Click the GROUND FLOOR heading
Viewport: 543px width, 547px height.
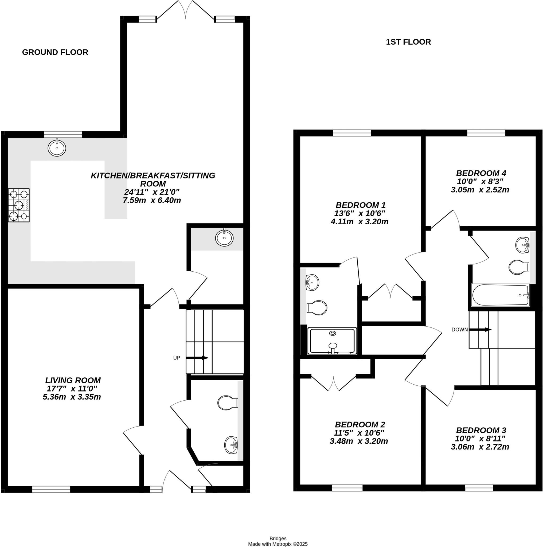[x=55, y=52]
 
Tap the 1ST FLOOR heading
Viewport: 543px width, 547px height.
[x=408, y=42]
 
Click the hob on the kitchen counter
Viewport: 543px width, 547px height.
[x=19, y=205]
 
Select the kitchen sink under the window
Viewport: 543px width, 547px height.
[x=57, y=148]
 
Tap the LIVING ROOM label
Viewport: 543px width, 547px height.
[x=73, y=380]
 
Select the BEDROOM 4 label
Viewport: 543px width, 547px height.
[x=481, y=173]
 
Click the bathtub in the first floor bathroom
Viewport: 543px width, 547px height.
[x=500, y=295]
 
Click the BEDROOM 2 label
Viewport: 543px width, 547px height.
[x=360, y=424]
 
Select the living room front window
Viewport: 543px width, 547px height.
[x=51, y=489]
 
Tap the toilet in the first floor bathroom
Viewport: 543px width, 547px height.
[x=519, y=267]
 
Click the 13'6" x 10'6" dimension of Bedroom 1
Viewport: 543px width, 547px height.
[x=360, y=213]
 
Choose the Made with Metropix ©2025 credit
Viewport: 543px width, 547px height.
[x=278, y=544]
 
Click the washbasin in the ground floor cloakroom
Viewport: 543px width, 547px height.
[x=231, y=445]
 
